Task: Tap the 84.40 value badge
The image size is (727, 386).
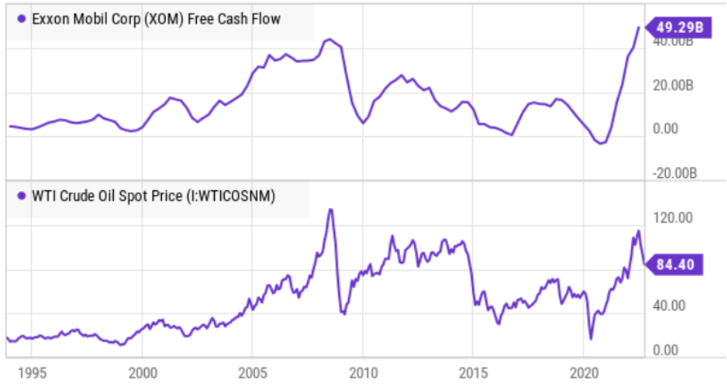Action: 678,263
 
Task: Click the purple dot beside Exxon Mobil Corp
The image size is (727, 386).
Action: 22,19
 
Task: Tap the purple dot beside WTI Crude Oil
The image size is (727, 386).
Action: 22,196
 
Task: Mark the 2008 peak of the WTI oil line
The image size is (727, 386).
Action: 331,210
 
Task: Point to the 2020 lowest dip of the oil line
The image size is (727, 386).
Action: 591,338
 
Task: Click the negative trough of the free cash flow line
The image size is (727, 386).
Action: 601,143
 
